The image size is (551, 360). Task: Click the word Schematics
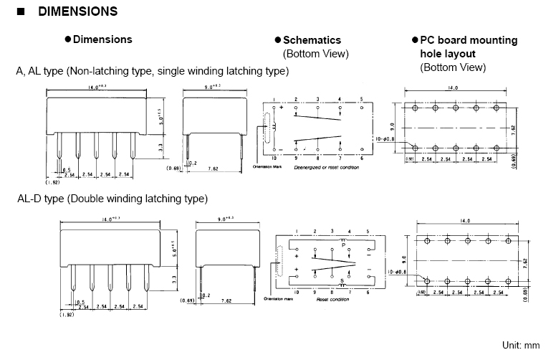[312, 40]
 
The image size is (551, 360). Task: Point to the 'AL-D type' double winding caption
[112, 198]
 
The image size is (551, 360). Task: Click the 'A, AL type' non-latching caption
[152, 71]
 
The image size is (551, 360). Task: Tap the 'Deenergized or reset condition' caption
[325, 166]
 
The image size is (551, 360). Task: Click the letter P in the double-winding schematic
[343, 245]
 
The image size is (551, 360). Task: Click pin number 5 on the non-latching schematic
[362, 99]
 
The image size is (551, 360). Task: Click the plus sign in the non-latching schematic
[282, 108]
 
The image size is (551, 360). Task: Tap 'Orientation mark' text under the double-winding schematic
[279, 299]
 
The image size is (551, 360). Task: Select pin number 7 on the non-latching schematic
[340, 158]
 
